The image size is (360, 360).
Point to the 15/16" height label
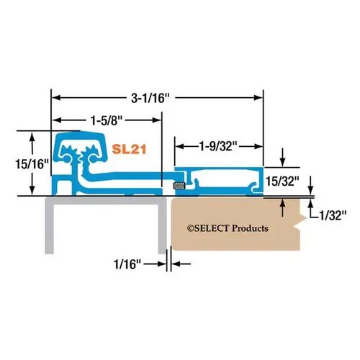(x=32, y=164)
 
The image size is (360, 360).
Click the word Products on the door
(x=253, y=228)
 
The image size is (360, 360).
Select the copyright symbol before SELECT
(x=191, y=228)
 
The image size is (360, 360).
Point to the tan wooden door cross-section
(x=230, y=245)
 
